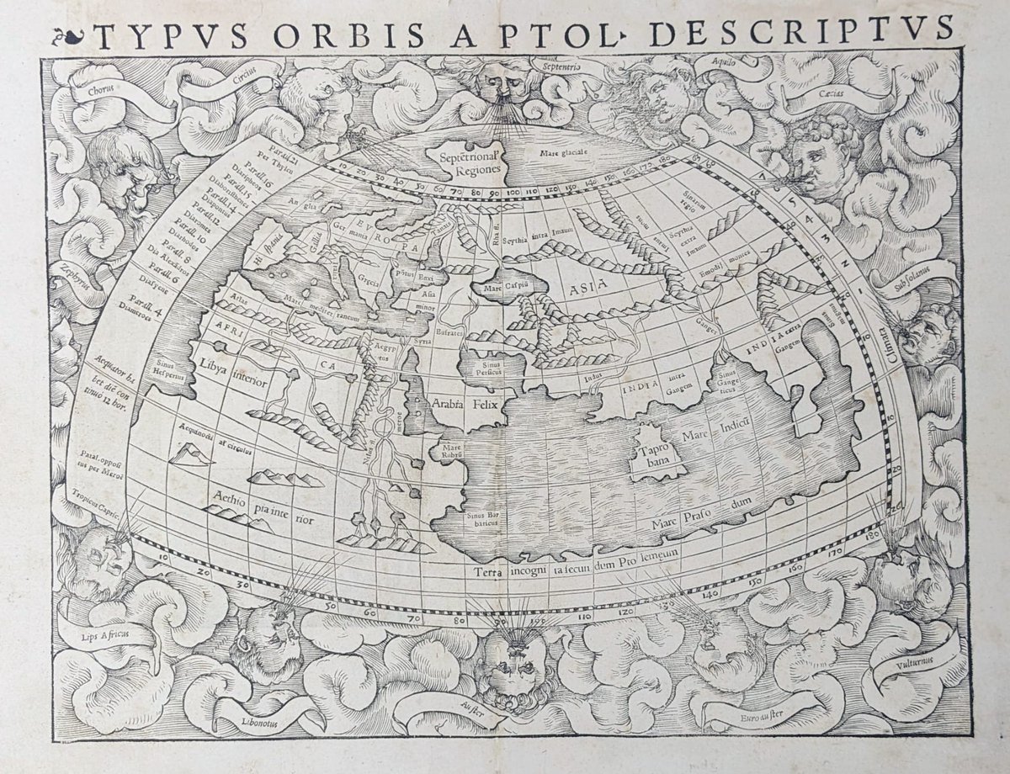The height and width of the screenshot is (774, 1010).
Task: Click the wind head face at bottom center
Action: pos(509,665)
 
